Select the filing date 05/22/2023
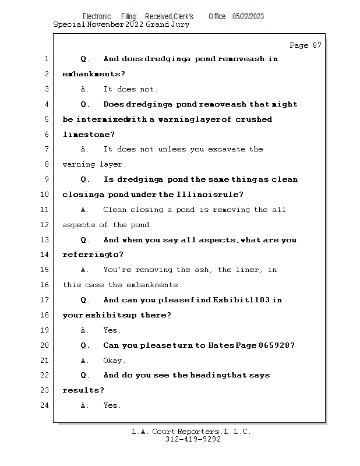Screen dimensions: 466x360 (248, 16)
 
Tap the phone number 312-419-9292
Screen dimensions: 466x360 (193, 439)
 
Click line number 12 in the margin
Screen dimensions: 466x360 (45, 225)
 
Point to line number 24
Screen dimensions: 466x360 (45, 405)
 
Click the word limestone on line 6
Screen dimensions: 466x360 (89, 135)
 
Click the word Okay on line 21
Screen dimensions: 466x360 (114, 361)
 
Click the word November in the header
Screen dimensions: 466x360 (105, 25)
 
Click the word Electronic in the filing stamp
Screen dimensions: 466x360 (96, 16)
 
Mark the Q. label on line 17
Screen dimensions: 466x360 (85, 300)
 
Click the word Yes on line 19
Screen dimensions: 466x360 (111, 330)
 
